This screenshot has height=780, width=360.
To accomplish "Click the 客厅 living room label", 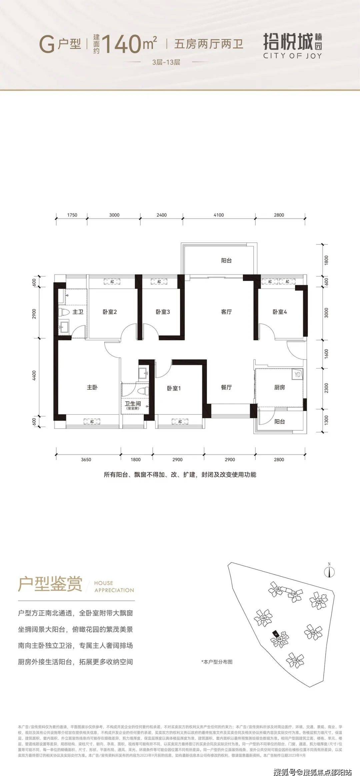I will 226,312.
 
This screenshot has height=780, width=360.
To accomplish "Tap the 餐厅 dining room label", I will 226,387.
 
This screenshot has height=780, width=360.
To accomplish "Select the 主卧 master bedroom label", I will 92,387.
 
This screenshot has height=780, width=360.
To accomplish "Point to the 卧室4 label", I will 280,312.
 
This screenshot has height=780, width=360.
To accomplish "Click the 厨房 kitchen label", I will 280,387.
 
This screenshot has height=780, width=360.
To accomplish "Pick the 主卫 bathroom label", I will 78,312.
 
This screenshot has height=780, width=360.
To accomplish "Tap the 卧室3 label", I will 163,312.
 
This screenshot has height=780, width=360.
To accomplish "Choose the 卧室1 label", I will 174,388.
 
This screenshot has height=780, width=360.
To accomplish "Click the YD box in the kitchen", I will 297,374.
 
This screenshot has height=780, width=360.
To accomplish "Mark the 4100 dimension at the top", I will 219,215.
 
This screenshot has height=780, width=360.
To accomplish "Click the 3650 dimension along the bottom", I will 86,460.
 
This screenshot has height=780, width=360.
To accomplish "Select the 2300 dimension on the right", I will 326,388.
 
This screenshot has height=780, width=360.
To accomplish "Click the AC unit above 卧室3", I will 159,282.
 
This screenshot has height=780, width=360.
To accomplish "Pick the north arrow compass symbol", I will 329,572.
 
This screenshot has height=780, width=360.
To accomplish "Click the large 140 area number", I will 121,44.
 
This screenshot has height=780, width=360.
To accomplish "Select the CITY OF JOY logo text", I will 293,56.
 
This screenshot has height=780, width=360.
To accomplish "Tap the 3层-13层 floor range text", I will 166,62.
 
